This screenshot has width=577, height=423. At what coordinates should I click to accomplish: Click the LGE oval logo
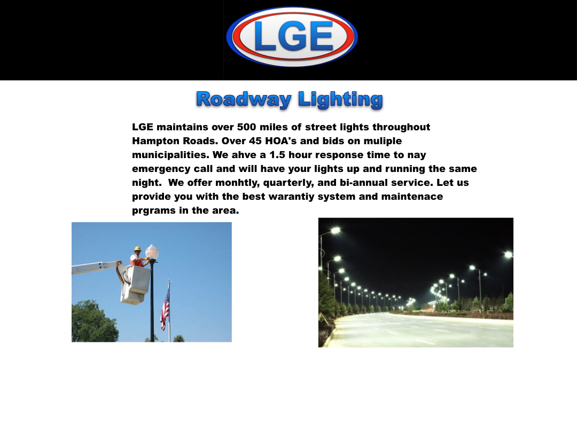(292, 37)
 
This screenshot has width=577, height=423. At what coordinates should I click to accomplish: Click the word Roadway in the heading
(244, 100)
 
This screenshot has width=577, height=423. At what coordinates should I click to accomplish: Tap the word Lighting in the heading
(340, 100)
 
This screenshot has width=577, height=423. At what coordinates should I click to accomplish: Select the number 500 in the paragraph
(246, 127)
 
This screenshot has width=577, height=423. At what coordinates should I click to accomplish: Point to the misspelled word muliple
(383, 141)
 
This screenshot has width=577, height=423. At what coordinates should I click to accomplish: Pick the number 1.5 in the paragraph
(277, 155)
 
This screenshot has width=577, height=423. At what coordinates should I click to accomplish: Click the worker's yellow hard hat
(138, 249)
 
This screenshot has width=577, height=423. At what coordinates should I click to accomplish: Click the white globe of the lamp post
(152, 252)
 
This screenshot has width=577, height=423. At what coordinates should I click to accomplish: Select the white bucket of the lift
(135, 284)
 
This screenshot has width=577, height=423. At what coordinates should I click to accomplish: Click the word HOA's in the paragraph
(282, 141)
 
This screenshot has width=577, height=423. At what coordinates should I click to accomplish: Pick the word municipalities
(171, 155)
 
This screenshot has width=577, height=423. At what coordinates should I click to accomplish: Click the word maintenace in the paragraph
(412, 197)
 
